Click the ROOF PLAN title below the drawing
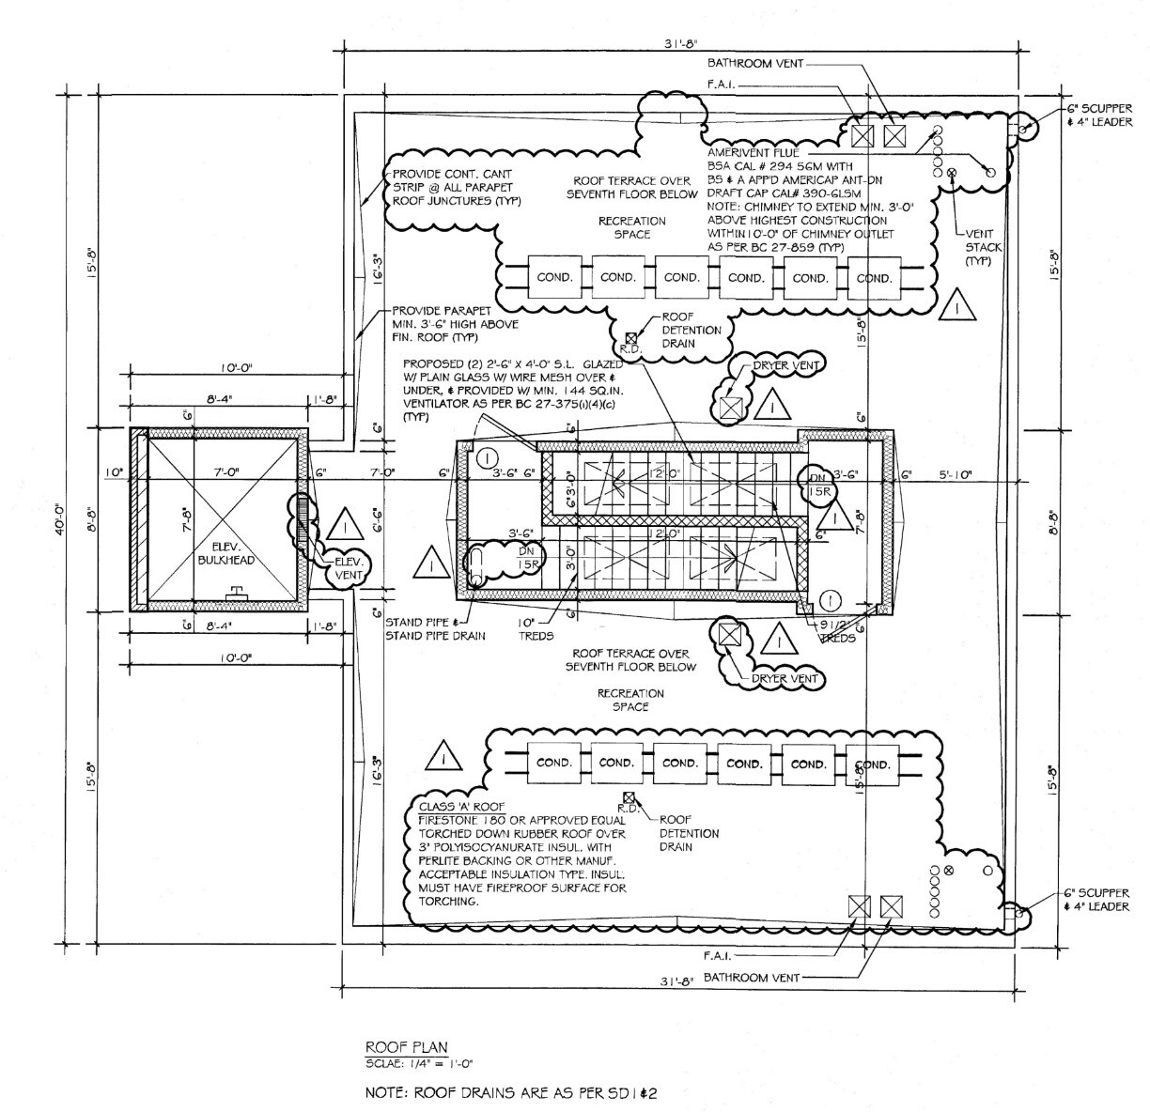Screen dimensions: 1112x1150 tap(406, 1046)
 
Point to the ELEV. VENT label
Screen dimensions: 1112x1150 tap(354, 567)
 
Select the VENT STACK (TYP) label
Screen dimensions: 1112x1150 tap(984, 247)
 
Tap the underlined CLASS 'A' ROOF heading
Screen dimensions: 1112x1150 tap(461, 807)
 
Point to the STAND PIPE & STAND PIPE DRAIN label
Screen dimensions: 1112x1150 tap(436, 628)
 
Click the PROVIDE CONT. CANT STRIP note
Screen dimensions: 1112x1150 tap(457, 187)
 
